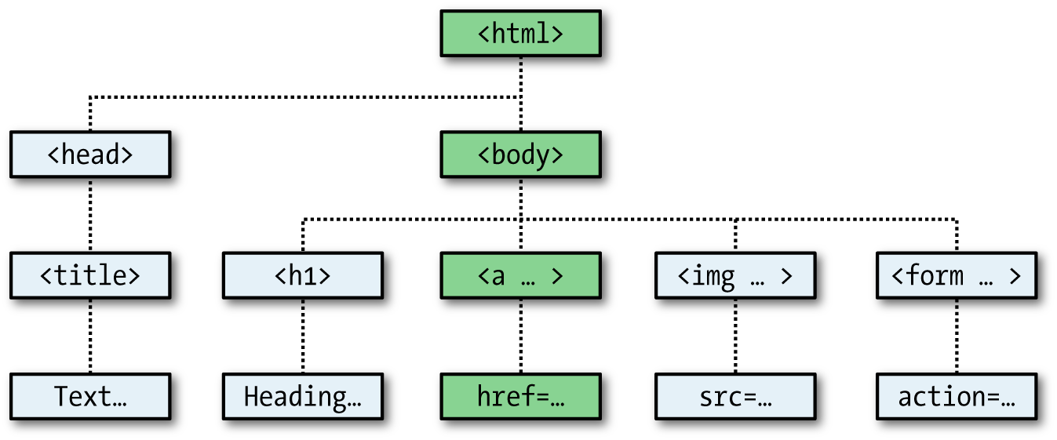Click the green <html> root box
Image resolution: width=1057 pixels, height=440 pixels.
[x=520, y=34]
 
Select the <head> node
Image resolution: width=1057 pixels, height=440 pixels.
[x=90, y=155]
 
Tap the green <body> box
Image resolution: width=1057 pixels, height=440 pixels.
[x=520, y=155]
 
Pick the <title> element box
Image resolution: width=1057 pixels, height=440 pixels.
[x=90, y=275]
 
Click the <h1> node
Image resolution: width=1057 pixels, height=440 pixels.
[x=303, y=275]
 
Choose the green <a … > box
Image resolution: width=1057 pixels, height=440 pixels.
[x=520, y=275]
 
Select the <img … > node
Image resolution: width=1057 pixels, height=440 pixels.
[x=734, y=275]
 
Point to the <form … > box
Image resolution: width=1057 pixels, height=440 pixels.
[x=956, y=275]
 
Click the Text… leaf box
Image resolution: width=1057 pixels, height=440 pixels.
[x=90, y=397]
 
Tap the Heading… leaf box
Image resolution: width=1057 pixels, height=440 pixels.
[x=303, y=397]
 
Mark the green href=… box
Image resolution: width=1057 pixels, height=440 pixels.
[x=520, y=397]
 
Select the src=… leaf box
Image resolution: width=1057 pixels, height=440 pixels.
[x=734, y=397]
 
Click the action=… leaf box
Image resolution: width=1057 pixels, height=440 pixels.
[x=956, y=397]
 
